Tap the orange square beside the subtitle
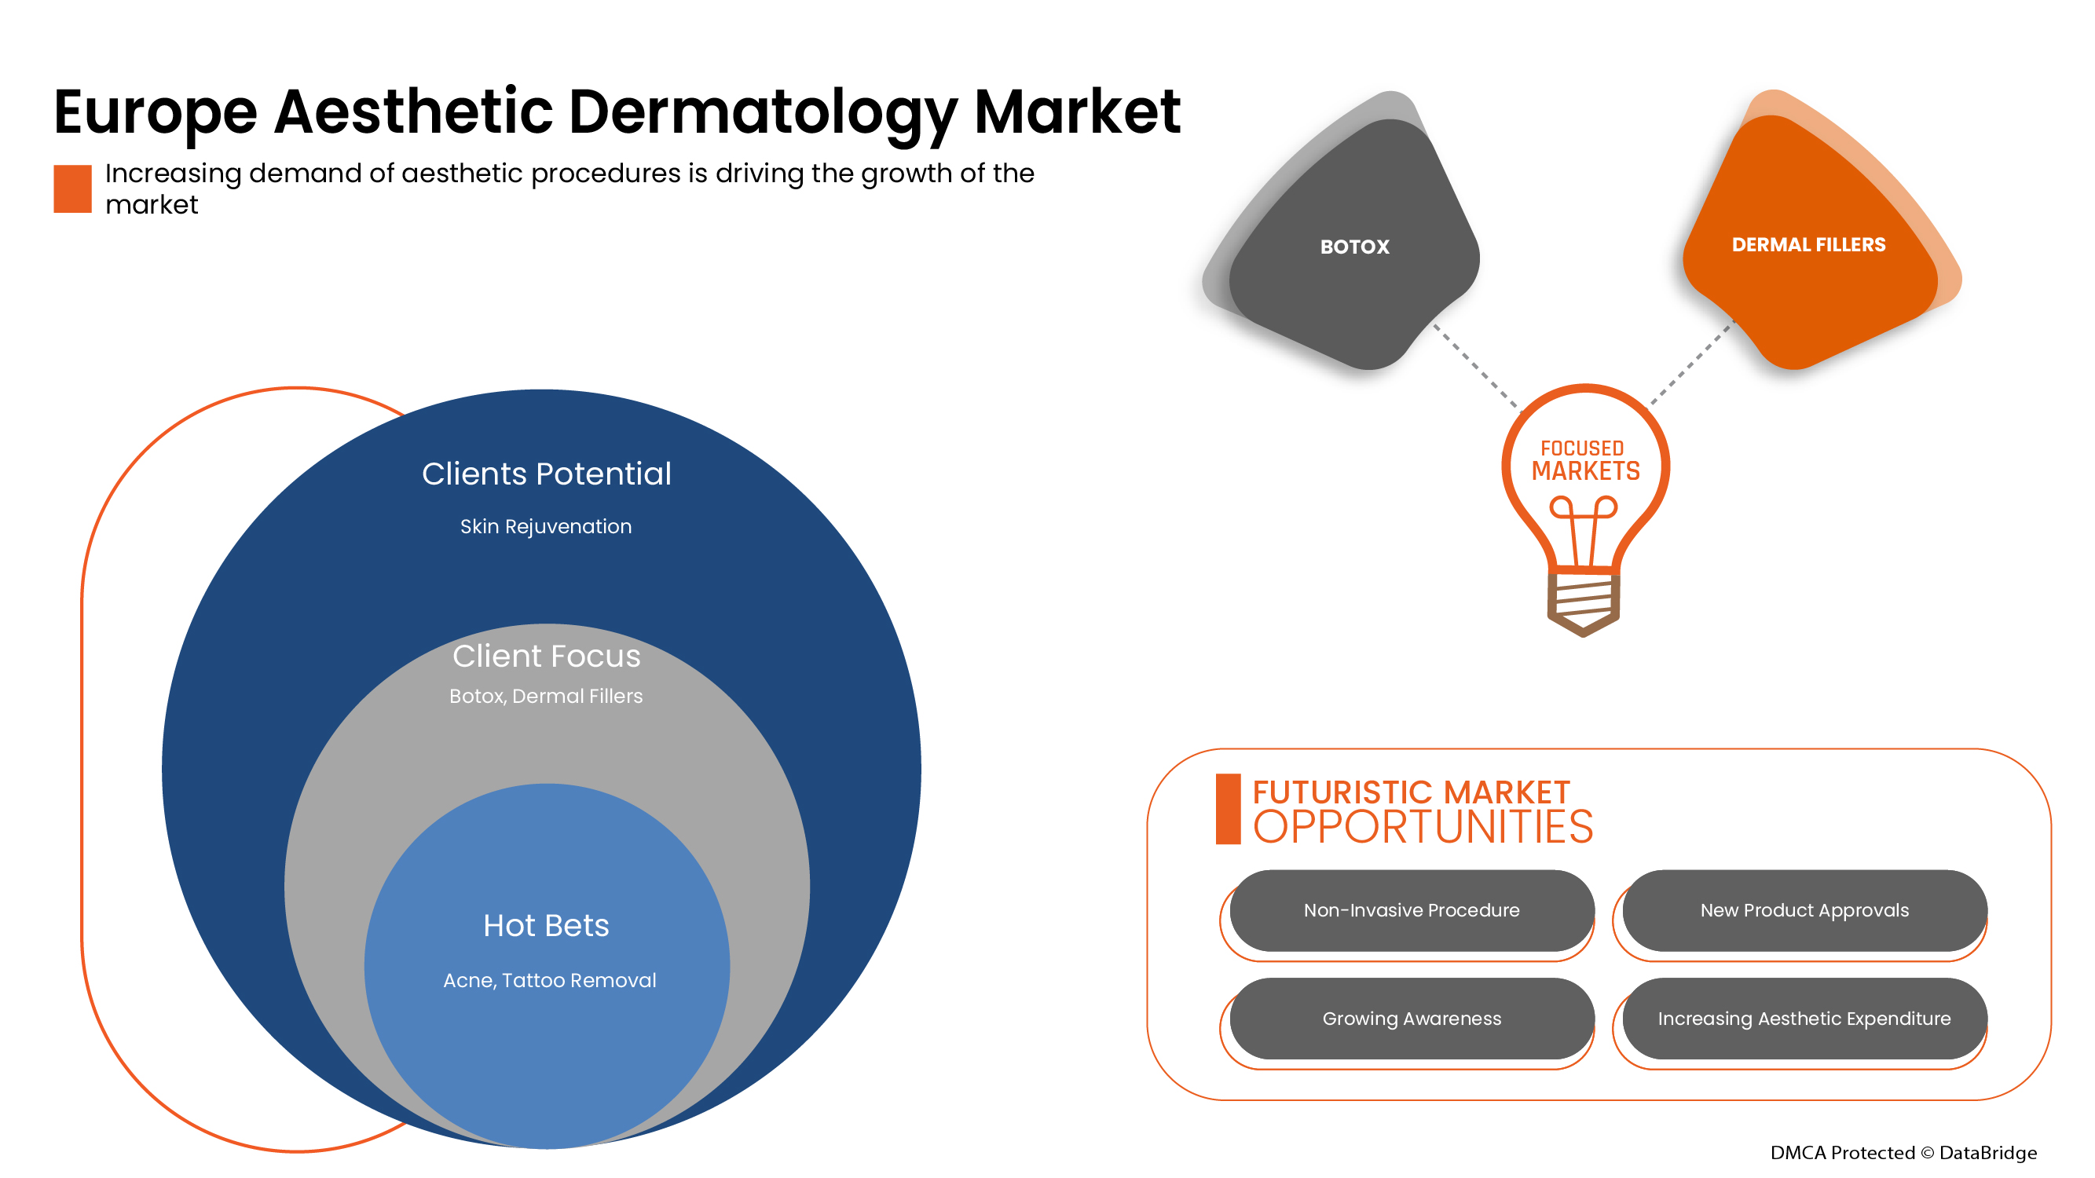tap(72, 188)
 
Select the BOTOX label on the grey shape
tap(1354, 247)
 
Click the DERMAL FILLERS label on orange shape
tap(1808, 245)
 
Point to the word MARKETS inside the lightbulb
tap(1585, 471)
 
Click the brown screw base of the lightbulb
tap(1583, 604)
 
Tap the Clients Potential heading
tap(547, 474)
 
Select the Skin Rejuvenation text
tap(546, 527)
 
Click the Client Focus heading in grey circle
tap(547, 656)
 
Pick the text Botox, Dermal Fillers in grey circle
tap(546, 696)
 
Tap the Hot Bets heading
tap(546, 925)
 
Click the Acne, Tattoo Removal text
tap(549, 980)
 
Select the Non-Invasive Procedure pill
tap(1411, 910)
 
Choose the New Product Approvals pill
tap(1804, 910)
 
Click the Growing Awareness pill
tap(1411, 1019)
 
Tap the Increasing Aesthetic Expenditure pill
tap(1804, 1019)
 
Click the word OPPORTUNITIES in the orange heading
tap(1423, 828)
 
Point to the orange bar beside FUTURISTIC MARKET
tap(1227, 809)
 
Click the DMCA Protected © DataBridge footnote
tap(1903, 1153)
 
